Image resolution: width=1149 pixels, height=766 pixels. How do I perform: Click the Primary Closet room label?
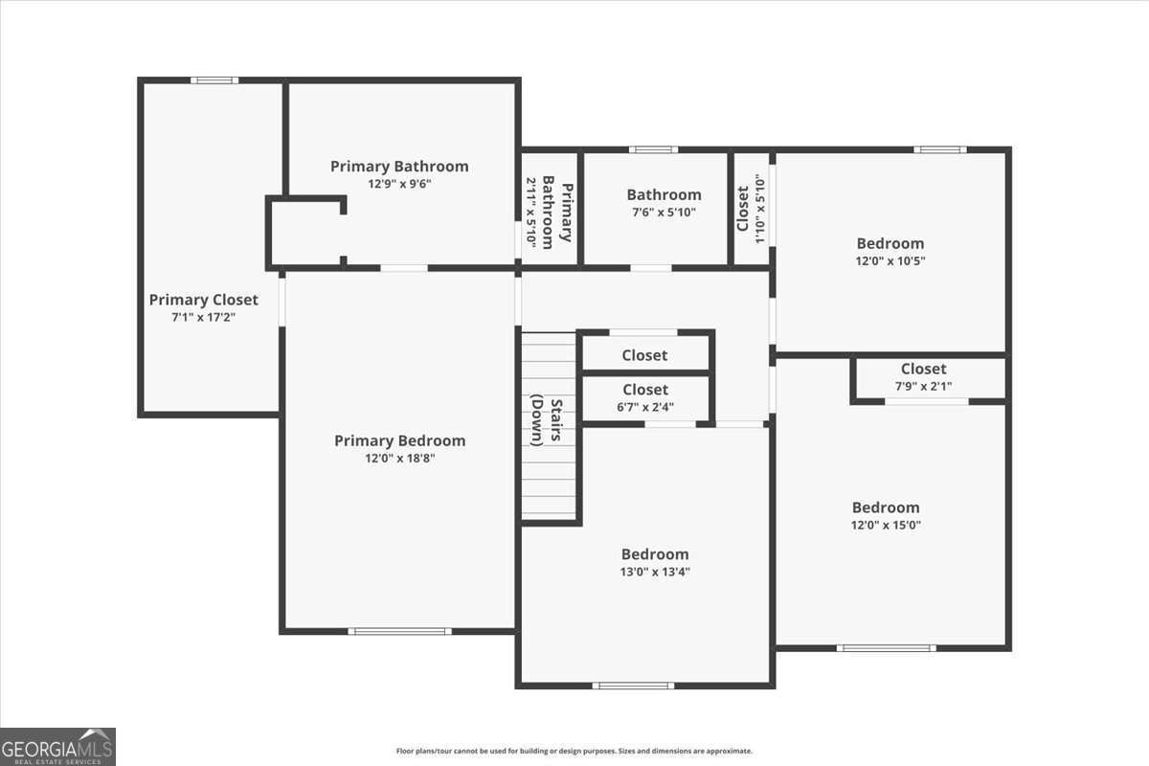[203, 300]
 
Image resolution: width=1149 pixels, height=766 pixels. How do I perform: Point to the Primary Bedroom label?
[399, 440]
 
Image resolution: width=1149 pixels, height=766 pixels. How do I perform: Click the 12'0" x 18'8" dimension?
[399, 459]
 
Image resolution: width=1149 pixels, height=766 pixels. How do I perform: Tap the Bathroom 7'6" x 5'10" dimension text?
[664, 213]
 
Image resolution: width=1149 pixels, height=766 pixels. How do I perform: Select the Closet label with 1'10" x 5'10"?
[743, 208]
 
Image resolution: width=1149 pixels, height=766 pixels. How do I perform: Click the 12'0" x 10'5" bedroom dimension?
[890, 260]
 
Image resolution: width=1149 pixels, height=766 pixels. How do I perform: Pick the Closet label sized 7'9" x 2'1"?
[923, 369]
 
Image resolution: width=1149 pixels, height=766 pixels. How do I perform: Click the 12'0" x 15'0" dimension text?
[886, 525]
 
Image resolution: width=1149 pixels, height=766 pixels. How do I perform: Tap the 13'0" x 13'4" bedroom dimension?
[655, 572]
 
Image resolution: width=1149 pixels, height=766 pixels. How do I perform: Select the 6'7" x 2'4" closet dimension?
[645, 407]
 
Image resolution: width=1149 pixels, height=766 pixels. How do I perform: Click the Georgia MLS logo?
[57, 746]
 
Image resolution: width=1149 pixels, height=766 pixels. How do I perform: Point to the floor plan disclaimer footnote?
[574, 752]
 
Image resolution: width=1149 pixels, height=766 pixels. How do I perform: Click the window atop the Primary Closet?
[214, 80]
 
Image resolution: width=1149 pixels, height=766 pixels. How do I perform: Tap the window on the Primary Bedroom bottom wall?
[399, 631]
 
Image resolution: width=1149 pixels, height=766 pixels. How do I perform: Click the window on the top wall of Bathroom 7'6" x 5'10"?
[653, 149]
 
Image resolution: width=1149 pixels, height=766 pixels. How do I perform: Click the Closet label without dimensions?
[644, 355]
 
